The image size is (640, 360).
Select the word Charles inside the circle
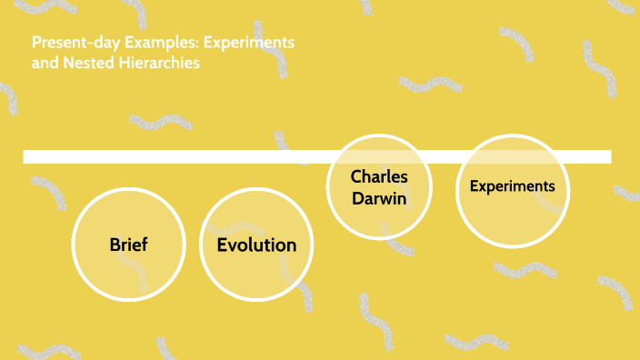point(379,176)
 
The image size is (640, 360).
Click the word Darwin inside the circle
point(379,196)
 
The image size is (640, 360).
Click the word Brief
point(128,245)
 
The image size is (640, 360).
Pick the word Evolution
point(256,245)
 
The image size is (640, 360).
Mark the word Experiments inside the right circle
point(512,186)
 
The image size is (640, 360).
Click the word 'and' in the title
point(43,65)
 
